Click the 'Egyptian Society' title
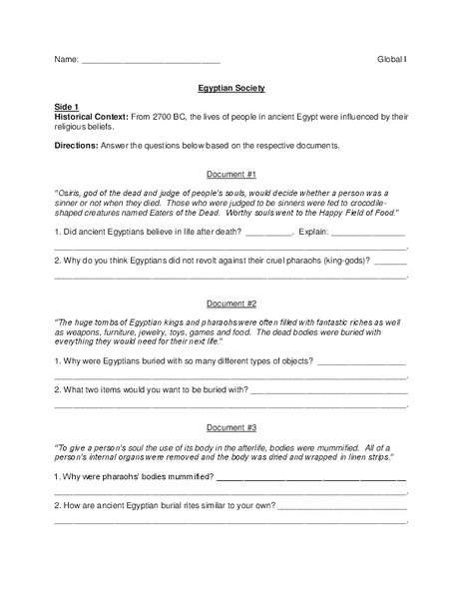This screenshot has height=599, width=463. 231,87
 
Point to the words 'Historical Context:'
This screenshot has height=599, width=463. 92,116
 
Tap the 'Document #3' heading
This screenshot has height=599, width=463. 231,421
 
